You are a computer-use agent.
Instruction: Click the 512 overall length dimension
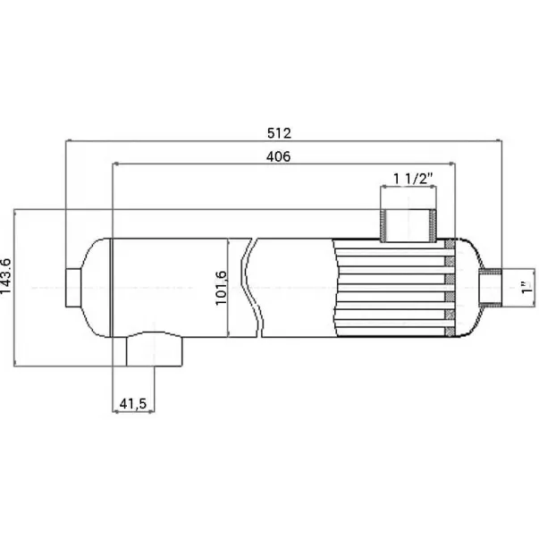[279, 133]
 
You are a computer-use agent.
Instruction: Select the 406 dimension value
[278, 156]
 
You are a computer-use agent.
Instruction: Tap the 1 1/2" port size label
[413, 179]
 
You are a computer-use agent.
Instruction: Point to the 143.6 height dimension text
[6, 276]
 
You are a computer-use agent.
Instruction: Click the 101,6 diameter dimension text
[221, 288]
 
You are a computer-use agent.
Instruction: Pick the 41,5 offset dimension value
[133, 403]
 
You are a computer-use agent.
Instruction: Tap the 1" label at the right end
[527, 287]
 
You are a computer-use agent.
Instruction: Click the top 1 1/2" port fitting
[408, 225]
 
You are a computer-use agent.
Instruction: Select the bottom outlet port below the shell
[155, 349]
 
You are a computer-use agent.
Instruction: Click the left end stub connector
[73, 288]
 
